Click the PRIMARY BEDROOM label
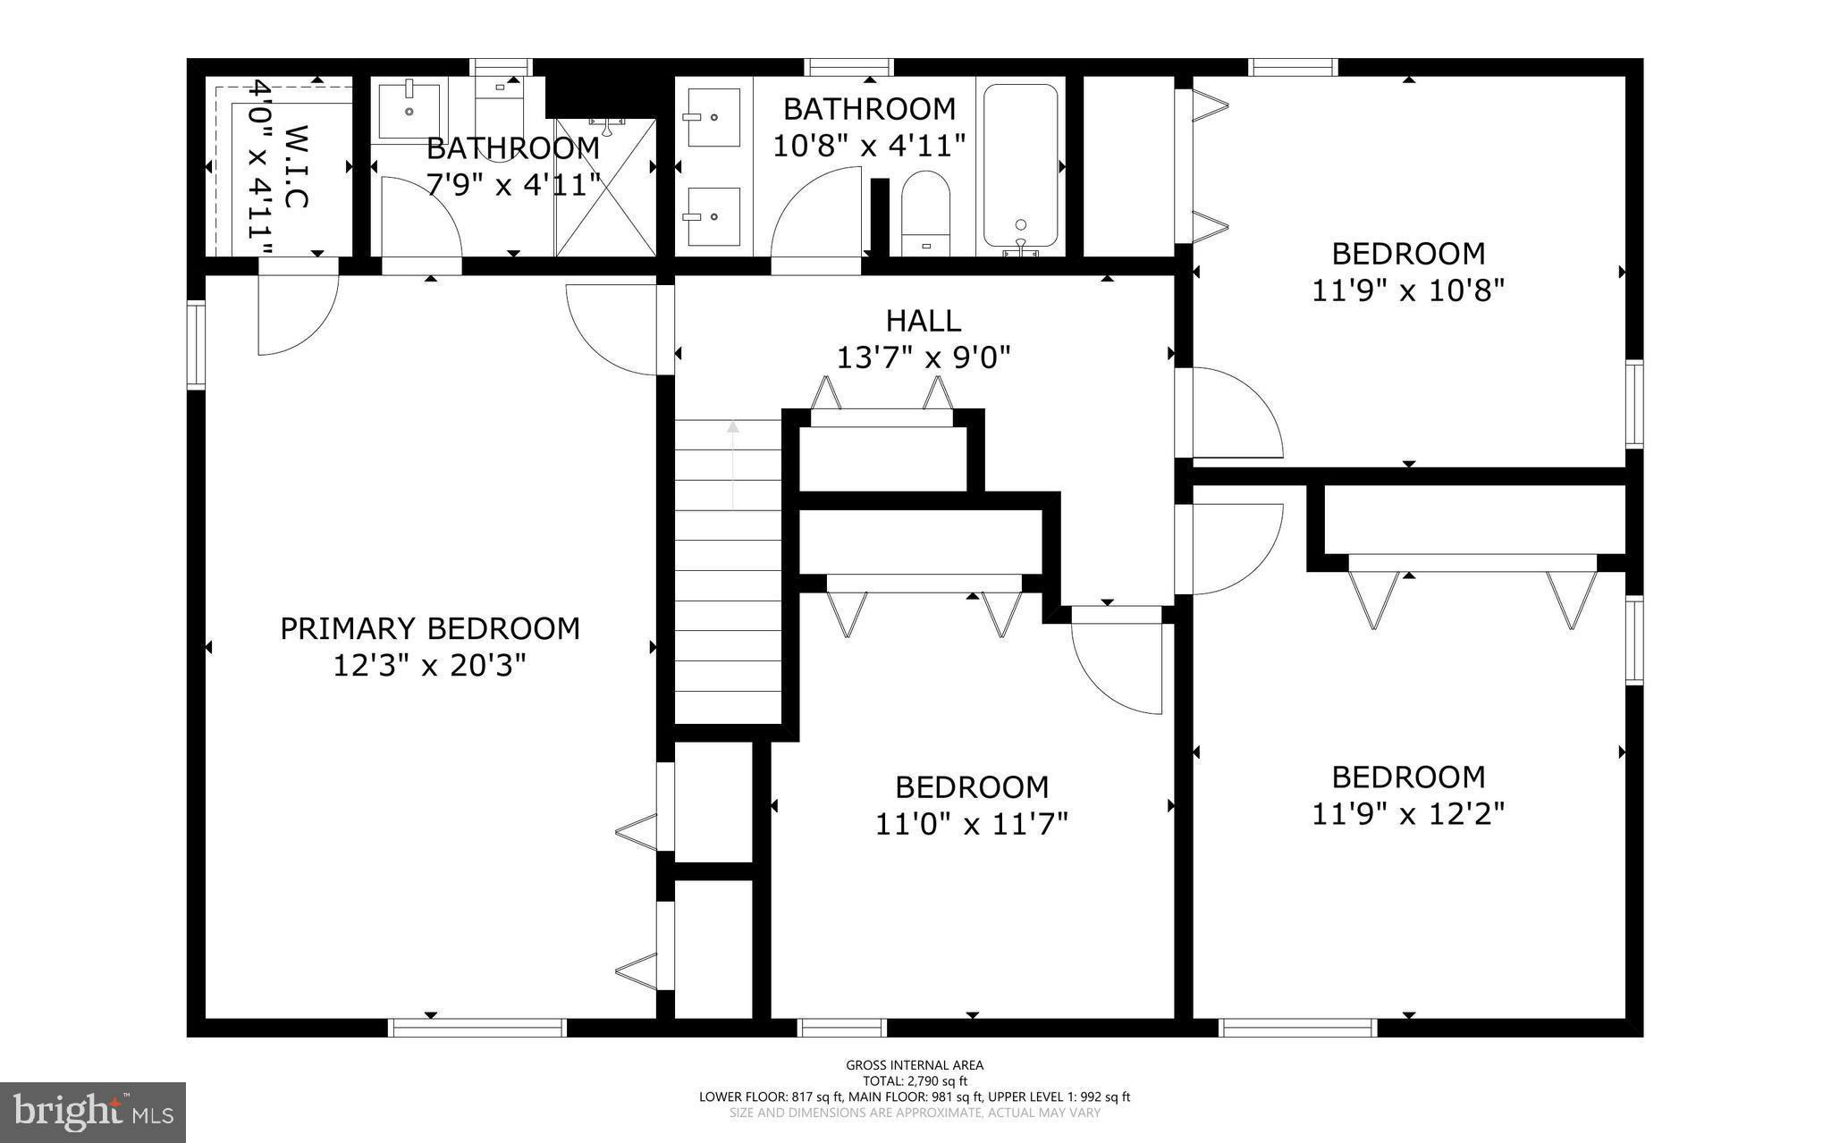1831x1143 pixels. (x=430, y=628)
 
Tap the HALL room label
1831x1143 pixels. (x=924, y=320)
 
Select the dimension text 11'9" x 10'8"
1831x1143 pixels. (x=1408, y=290)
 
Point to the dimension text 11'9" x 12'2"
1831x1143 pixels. (x=1408, y=813)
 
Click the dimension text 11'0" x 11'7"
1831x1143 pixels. (x=971, y=823)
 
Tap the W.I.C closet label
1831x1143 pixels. (x=296, y=166)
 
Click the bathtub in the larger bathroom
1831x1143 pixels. (x=1020, y=165)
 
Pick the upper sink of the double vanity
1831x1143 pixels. (x=713, y=117)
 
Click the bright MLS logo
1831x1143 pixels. (x=93, y=1112)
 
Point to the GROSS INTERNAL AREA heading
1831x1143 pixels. (x=915, y=1064)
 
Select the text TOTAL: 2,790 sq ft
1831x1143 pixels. (x=915, y=1080)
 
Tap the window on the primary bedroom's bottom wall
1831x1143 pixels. (x=477, y=1028)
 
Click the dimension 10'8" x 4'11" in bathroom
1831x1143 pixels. (x=869, y=146)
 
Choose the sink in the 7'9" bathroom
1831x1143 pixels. (x=409, y=111)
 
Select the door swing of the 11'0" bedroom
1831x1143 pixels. (x=1118, y=666)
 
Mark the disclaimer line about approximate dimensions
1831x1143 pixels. (x=915, y=1113)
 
